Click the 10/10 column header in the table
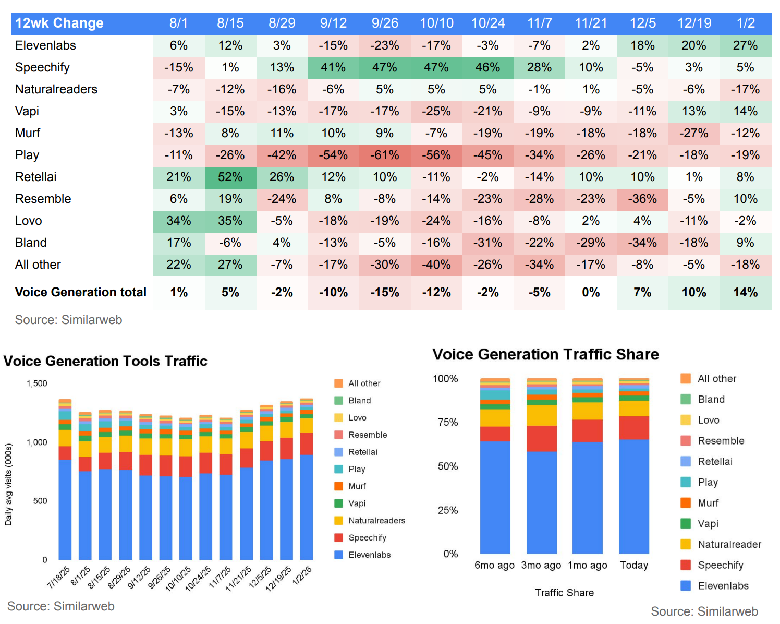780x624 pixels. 436,23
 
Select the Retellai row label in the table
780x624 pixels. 36,177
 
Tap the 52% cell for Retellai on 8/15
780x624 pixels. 230,177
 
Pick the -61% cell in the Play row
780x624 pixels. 385,155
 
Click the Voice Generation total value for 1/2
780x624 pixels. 745,292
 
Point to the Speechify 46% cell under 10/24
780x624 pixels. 487,67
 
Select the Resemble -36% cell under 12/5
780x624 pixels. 642,199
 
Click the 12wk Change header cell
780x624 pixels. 59,23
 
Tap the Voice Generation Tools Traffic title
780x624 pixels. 105,361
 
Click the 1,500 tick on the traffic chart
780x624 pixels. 37,383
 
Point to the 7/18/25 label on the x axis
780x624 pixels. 58,577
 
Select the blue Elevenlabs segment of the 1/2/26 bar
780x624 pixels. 307,506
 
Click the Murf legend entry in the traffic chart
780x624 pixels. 357,486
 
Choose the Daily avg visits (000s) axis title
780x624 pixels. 8,485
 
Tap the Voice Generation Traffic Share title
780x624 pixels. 545,355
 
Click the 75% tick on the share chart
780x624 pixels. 448,422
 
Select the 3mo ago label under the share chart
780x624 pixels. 541,565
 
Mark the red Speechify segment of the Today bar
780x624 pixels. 634,428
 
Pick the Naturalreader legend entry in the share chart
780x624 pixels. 729,545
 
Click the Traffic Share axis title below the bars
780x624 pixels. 564,593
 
